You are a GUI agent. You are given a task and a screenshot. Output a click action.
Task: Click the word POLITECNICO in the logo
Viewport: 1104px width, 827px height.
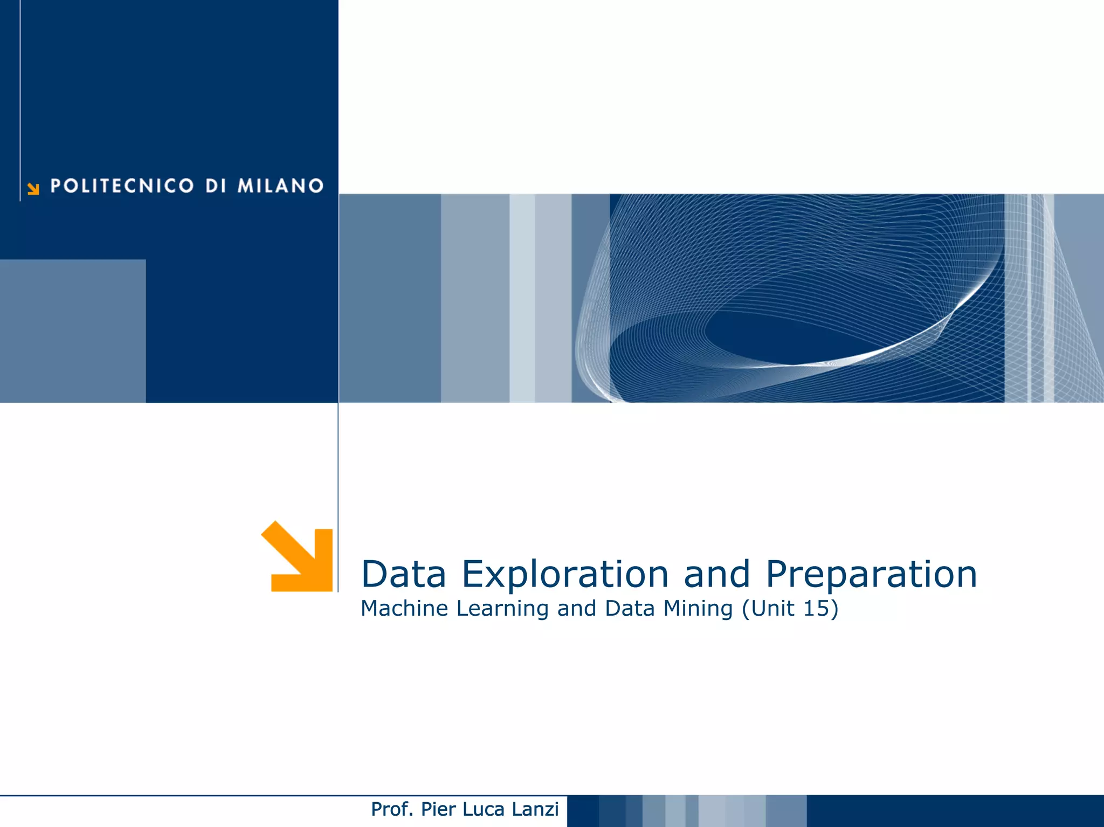point(122,186)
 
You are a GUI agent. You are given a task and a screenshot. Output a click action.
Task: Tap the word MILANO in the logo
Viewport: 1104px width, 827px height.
point(280,186)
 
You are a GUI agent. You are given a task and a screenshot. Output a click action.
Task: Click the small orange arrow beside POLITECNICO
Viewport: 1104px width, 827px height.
point(33,189)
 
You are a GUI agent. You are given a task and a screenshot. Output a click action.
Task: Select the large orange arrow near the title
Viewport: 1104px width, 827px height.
point(300,558)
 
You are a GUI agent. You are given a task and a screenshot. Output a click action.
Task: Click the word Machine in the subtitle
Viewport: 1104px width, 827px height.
point(404,608)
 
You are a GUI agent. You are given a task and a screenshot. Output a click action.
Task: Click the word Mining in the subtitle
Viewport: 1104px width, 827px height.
point(698,609)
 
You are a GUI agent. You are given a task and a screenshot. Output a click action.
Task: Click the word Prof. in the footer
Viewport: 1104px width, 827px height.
point(392,809)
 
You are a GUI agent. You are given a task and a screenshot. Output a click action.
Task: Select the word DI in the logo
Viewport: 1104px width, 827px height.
point(216,186)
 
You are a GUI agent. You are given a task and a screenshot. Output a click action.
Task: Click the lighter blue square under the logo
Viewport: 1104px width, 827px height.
point(73,330)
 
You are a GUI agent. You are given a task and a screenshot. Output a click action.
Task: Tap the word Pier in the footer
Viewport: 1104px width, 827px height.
point(438,809)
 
